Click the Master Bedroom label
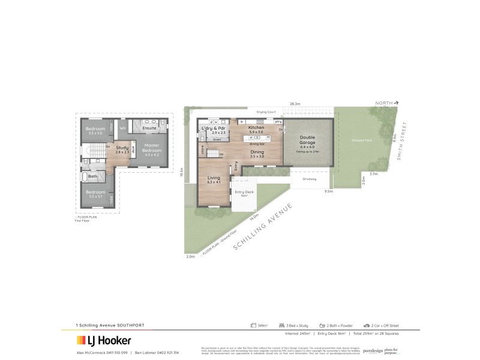point(152,148)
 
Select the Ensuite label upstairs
point(149,128)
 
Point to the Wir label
point(122,128)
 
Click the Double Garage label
point(307,140)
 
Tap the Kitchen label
point(256,128)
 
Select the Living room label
point(214,178)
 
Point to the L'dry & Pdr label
point(214,128)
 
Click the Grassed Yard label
point(362,140)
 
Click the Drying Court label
point(266,112)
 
